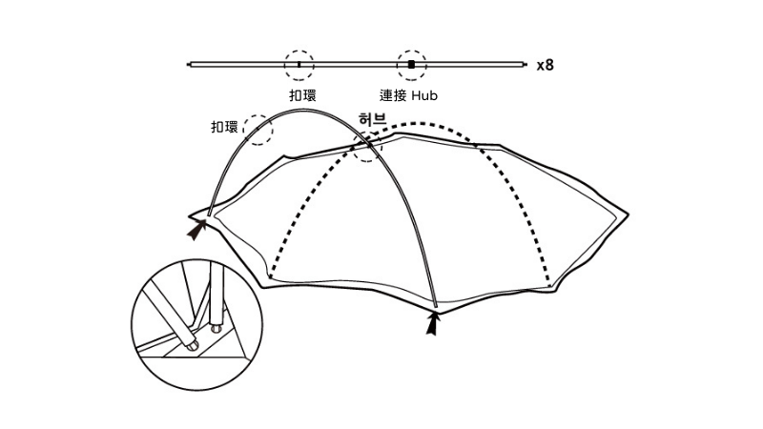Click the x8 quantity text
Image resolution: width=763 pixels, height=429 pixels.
(x=545, y=66)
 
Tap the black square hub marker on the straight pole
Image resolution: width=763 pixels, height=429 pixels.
(x=411, y=64)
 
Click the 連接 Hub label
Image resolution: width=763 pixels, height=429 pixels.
(x=408, y=95)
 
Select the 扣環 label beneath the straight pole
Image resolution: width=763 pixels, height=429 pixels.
(x=302, y=95)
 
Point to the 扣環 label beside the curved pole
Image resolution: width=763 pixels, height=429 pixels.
(x=225, y=127)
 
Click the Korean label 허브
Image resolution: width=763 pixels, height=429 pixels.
(x=371, y=119)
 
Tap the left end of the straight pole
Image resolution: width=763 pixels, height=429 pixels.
(x=191, y=64)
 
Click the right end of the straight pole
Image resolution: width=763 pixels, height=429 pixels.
(x=524, y=64)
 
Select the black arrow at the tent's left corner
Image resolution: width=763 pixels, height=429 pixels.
(x=198, y=229)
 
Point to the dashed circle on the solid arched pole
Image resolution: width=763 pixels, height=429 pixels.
(x=258, y=129)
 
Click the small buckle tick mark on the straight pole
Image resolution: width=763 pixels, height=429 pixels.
(x=299, y=64)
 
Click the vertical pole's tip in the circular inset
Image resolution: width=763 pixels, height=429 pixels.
(x=215, y=328)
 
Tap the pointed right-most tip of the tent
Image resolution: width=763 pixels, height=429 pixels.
(x=630, y=214)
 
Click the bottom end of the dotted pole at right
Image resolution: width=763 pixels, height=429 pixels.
(x=550, y=283)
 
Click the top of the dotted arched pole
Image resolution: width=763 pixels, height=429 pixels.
(x=420, y=123)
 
